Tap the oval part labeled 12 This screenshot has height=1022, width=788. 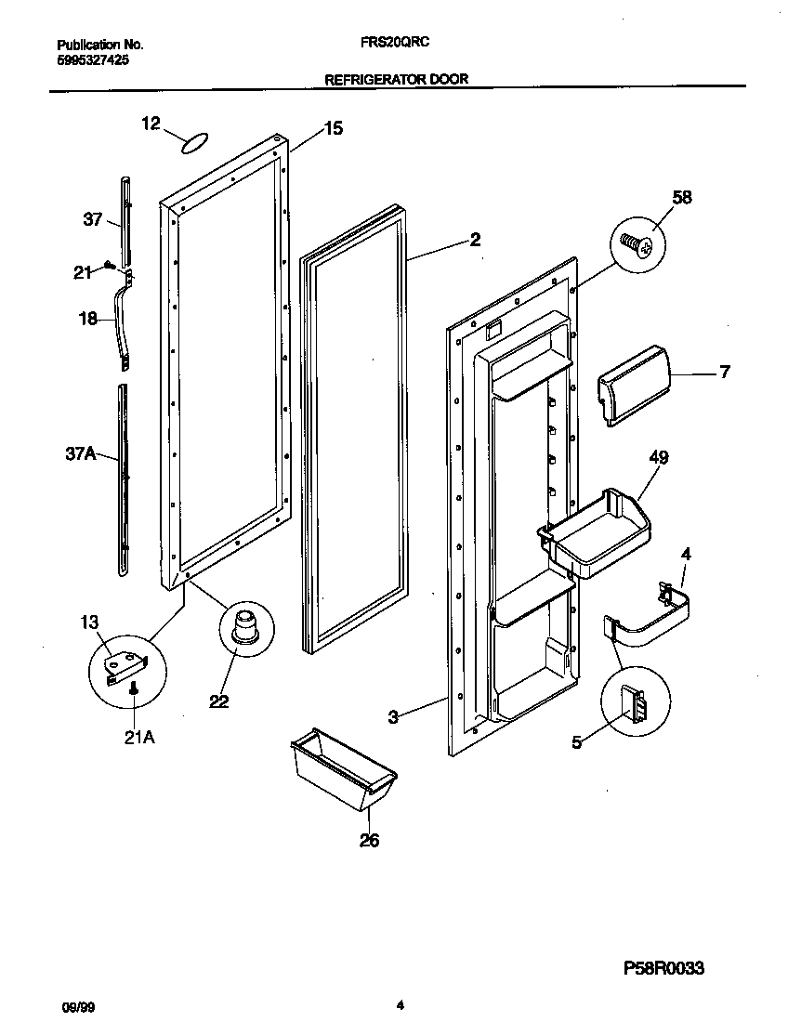(x=192, y=142)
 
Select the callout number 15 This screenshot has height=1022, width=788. (x=333, y=129)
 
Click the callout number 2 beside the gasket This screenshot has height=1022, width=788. (x=475, y=240)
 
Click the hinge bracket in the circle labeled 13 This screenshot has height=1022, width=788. (x=124, y=665)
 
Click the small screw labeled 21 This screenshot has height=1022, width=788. (x=111, y=266)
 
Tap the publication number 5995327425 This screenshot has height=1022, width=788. (x=93, y=59)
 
